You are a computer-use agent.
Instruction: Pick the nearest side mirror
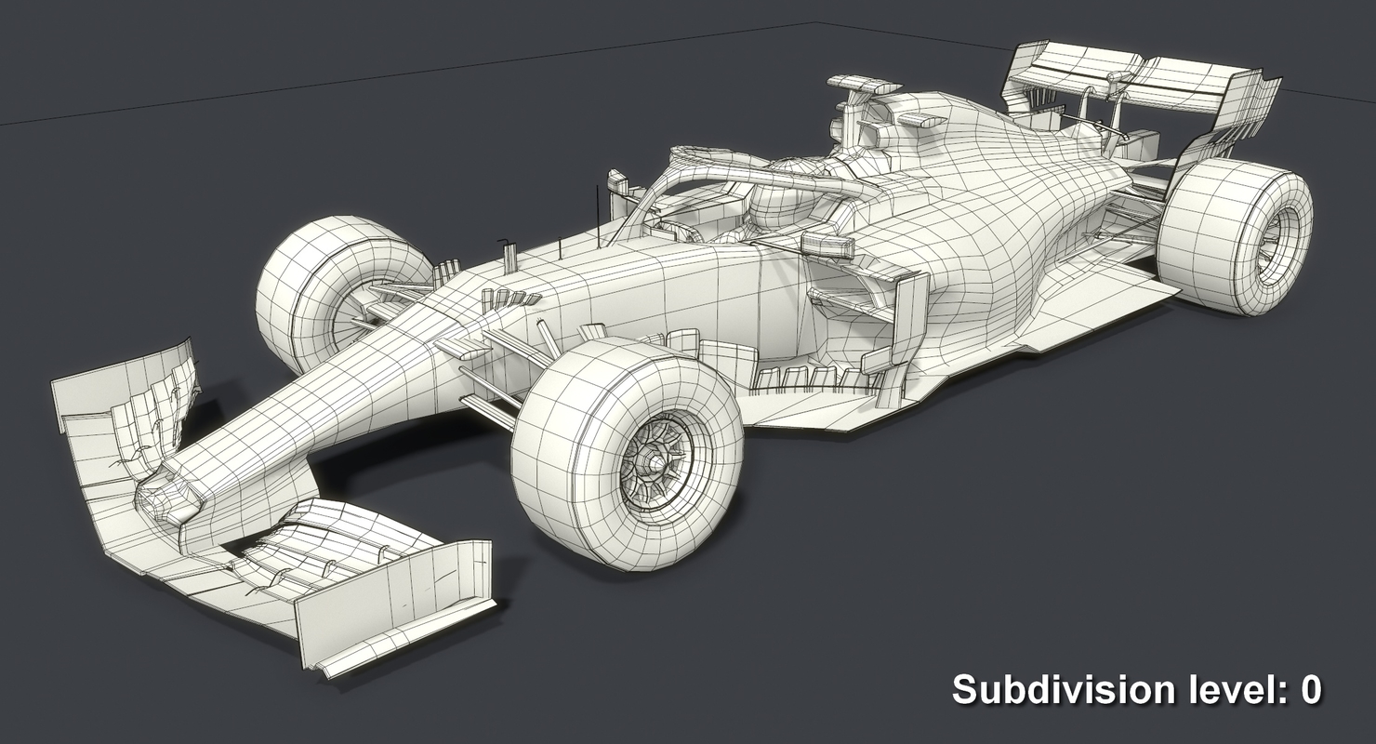pos(827,246)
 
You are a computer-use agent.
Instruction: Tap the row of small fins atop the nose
pos(510,299)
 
